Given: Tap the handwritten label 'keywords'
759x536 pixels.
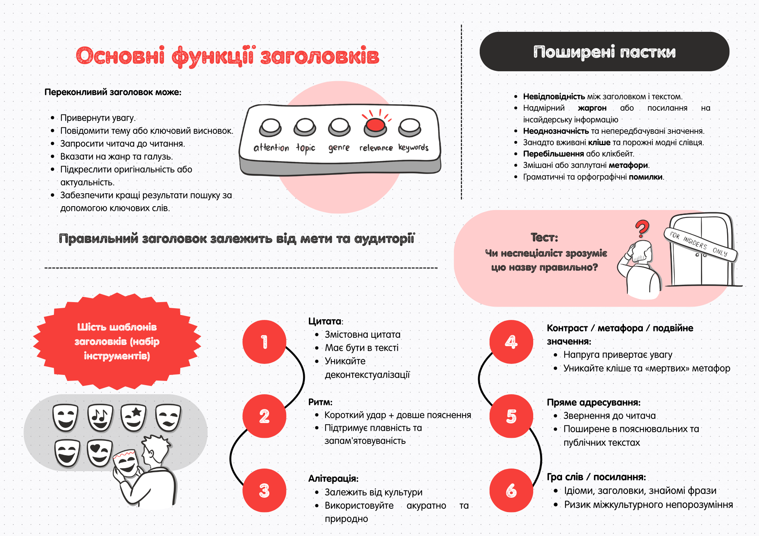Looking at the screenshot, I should [x=413, y=147].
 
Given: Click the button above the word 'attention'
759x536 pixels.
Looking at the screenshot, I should [x=270, y=127].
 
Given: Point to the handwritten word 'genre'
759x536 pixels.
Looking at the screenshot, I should [x=339, y=148].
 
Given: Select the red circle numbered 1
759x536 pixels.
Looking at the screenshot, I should [x=264, y=342].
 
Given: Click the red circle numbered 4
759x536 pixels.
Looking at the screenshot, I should [x=511, y=342].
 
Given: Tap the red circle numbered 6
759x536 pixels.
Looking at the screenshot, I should [x=511, y=490].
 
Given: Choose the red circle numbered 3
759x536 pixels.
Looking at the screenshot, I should [x=264, y=490].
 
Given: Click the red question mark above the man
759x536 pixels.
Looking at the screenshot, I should [x=642, y=229].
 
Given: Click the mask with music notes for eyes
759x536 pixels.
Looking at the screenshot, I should [x=100, y=417].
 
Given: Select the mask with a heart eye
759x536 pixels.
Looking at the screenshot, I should [x=99, y=453].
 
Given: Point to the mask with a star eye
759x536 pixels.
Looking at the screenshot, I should [x=133, y=417].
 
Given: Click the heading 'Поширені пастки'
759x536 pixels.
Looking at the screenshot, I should [x=604, y=52].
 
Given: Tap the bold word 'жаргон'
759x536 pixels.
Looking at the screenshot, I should [x=592, y=108].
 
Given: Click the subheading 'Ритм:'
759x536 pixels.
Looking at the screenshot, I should [x=320, y=402].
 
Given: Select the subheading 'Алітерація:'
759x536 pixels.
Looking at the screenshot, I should [x=333, y=478].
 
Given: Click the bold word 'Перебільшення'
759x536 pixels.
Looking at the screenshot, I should [x=553, y=154].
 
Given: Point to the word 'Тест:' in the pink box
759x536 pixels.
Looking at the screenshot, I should [x=544, y=238].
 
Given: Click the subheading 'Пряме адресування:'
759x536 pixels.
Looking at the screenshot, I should [x=594, y=403].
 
